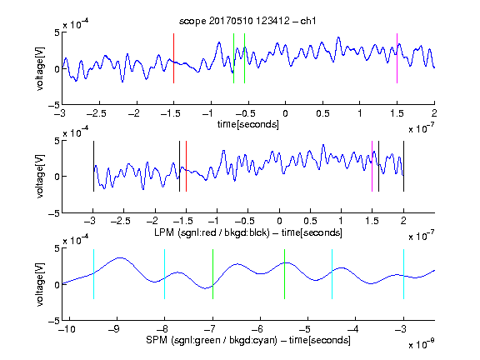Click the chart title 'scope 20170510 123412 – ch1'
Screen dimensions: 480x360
pyautogui.click(x=247, y=21)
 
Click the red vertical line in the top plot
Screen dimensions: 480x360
pyautogui.click(x=173, y=58)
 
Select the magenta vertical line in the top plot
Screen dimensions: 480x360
pyautogui.click(x=397, y=58)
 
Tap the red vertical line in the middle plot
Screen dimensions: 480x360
pyautogui.click(x=186, y=166)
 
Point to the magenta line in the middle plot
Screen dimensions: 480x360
pyautogui.click(x=372, y=166)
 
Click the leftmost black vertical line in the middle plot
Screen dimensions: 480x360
pyautogui.click(x=93, y=166)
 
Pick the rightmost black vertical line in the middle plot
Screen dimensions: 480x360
pyautogui.click(x=403, y=166)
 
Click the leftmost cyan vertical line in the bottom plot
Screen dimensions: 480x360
pyautogui.click(x=93, y=274)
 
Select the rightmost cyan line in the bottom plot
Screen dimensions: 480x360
pyautogui.click(x=403, y=274)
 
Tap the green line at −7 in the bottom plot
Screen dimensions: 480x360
pyautogui.click(x=212, y=274)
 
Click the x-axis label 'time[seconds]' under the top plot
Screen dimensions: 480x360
pyautogui.click(x=248, y=124)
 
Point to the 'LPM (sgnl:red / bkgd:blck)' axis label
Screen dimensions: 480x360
pyautogui.click(x=212, y=232)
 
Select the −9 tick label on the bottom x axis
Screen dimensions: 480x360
pyautogui.click(x=114, y=329)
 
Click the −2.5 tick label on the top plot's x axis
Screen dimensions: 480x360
pyautogui.click(x=97, y=113)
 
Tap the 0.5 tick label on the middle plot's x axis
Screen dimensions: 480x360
pyautogui.click(x=310, y=221)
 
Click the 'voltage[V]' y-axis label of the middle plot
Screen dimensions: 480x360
pyautogui.click(x=40, y=177)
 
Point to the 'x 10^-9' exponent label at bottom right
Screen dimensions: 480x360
pyautogui.click(x=422, y=343)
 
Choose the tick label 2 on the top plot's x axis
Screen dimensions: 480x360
pyautogui.click(x=434, y=113)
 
